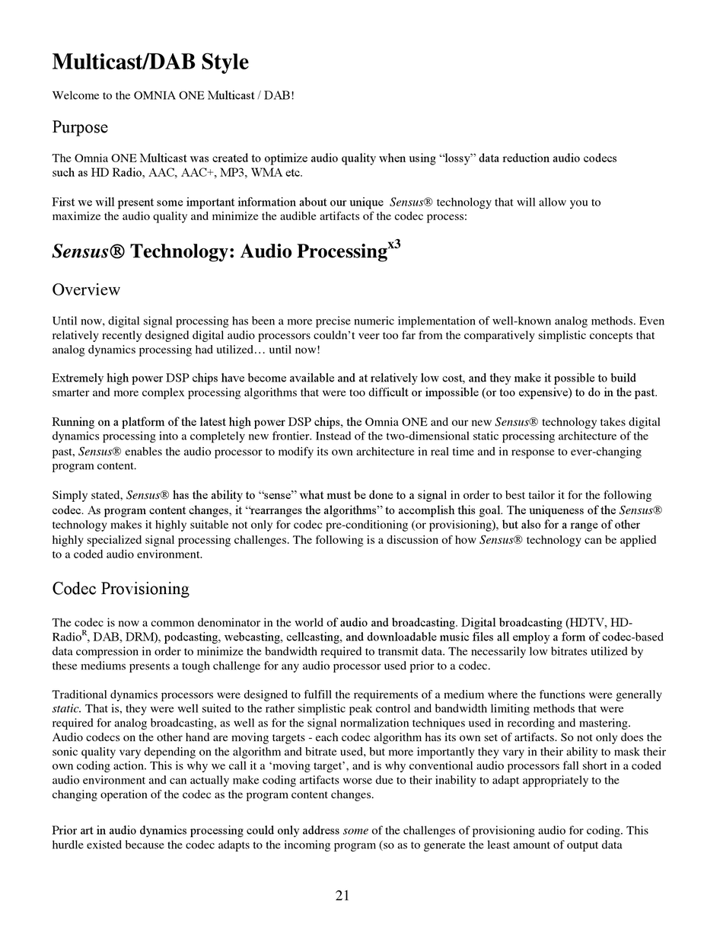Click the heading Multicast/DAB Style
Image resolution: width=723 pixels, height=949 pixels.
tap(150, 62)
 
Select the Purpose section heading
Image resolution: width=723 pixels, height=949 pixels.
tap(80, 127)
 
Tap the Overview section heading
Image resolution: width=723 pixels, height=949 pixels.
tap(86, 289)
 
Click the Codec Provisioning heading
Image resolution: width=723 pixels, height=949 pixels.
tap(120, 589)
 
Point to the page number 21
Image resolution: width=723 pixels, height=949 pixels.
tap(342, 896)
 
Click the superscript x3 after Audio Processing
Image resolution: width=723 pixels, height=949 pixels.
tap(394, 244)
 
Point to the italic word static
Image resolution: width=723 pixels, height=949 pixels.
tap(66, 709)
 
